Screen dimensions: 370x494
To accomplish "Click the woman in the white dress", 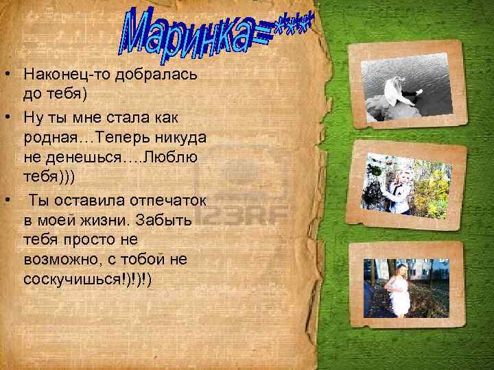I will coord(398,291).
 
